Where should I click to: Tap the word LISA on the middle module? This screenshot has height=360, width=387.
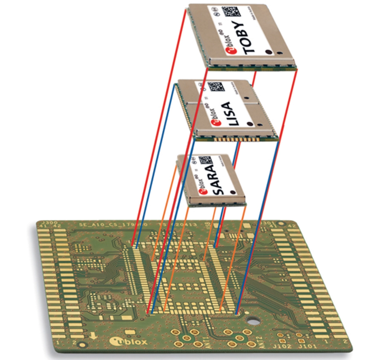click(230, 114)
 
